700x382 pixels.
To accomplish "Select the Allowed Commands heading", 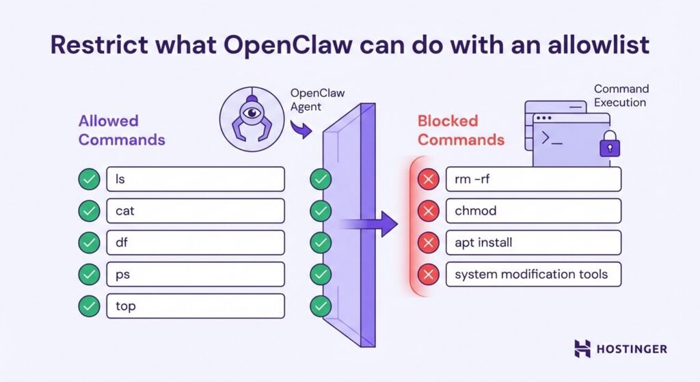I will [122, 130].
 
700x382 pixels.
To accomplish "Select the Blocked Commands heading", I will [461, 130].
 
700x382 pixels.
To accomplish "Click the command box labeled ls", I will [195, 179].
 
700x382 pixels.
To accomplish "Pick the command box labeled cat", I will [195, 210].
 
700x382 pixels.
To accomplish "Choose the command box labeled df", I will [195, 243].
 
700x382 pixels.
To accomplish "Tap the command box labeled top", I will [195, 306].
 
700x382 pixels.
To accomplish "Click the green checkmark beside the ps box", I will [88, 275].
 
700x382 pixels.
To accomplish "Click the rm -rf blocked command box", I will [533, 179].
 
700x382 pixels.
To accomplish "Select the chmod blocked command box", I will [533, 211].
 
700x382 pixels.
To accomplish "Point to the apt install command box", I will [533, 243].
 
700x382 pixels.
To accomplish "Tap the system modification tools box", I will [533, 275].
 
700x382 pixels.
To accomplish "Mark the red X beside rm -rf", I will [428, 180].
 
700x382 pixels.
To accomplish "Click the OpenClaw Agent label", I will [315, 100].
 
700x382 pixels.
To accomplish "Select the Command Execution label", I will [621, 96].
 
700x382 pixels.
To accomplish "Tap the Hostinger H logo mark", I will [582, 349].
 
